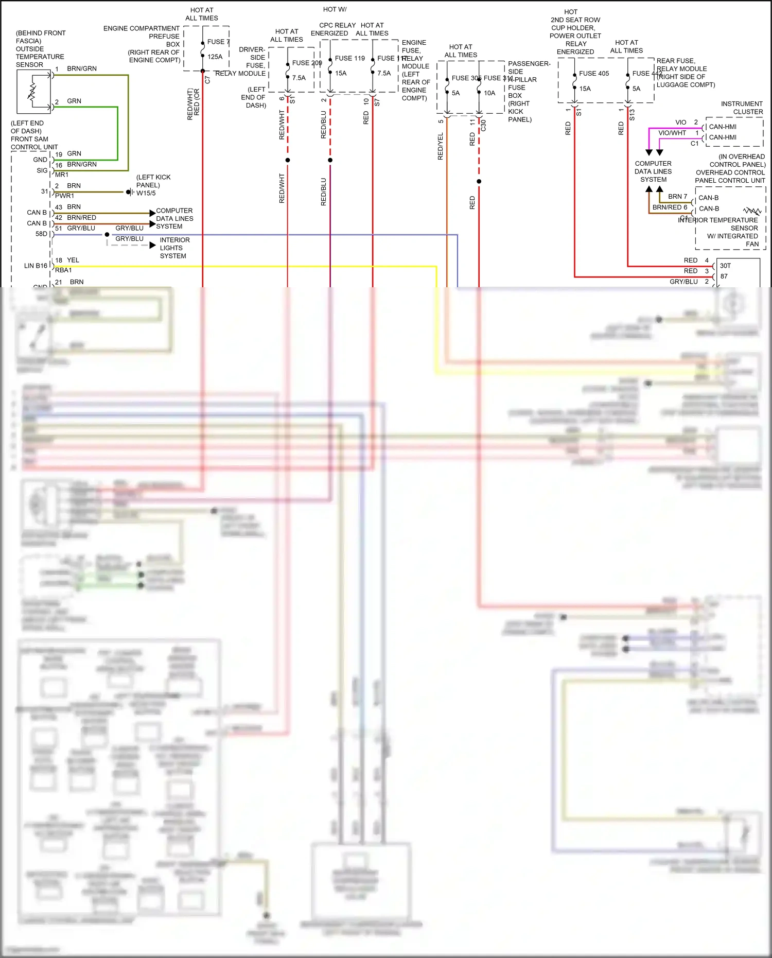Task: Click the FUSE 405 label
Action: [593, 74]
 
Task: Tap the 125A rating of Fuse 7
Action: [215, 57]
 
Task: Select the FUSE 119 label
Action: [349, 58]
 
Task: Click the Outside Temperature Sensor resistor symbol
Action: [32, 92]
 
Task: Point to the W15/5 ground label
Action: [146, 193]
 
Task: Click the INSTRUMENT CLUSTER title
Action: [742, 108]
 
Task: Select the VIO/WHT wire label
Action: [672, 133]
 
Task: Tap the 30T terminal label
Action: [725, 266]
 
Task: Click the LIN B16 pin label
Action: [36, 266]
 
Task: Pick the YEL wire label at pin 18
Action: [73, 260]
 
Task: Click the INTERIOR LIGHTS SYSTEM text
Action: [174, 248]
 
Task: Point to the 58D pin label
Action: [41, 234]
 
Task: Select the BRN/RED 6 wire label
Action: [670, 207]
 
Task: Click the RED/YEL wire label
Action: [440, 146]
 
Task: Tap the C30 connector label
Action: [483, 125]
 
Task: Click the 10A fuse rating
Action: [489, 93]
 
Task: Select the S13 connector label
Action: [632, 115]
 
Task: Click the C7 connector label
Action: [207, 80]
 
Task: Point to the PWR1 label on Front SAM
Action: [64, 196]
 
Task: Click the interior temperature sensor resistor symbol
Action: [752, 211]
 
